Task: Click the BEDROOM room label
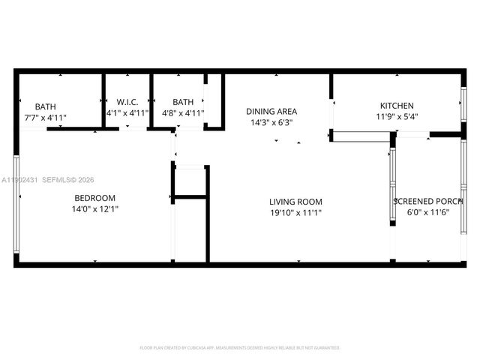click(94, 198)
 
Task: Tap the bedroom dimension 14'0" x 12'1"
click(94, 209)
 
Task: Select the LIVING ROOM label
click(296, 202)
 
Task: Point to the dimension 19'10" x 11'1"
click(296, 213)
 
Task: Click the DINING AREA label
click(271, 111)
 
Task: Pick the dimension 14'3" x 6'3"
click(271, 122)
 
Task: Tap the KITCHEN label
click(397, 106)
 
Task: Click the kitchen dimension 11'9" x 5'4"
click(397, 117)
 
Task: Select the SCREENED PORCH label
click(428, 202)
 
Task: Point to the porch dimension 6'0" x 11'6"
click(428, 213)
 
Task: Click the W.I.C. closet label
click(127, 102)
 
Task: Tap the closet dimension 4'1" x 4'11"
click(127, 113)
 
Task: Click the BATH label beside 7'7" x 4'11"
click(45, 106)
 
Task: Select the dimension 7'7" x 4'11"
click(45, 118)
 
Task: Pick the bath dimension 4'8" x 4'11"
click(183, 113)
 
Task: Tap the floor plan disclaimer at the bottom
click(240, 348)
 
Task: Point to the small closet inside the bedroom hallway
click(190, 181)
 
